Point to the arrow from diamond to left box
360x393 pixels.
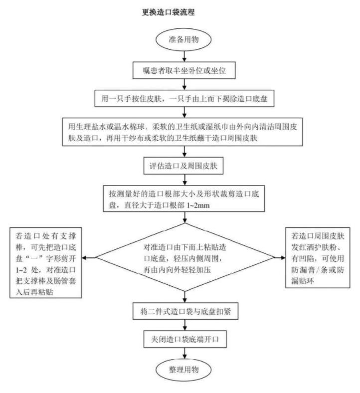[x=90, y=258]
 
